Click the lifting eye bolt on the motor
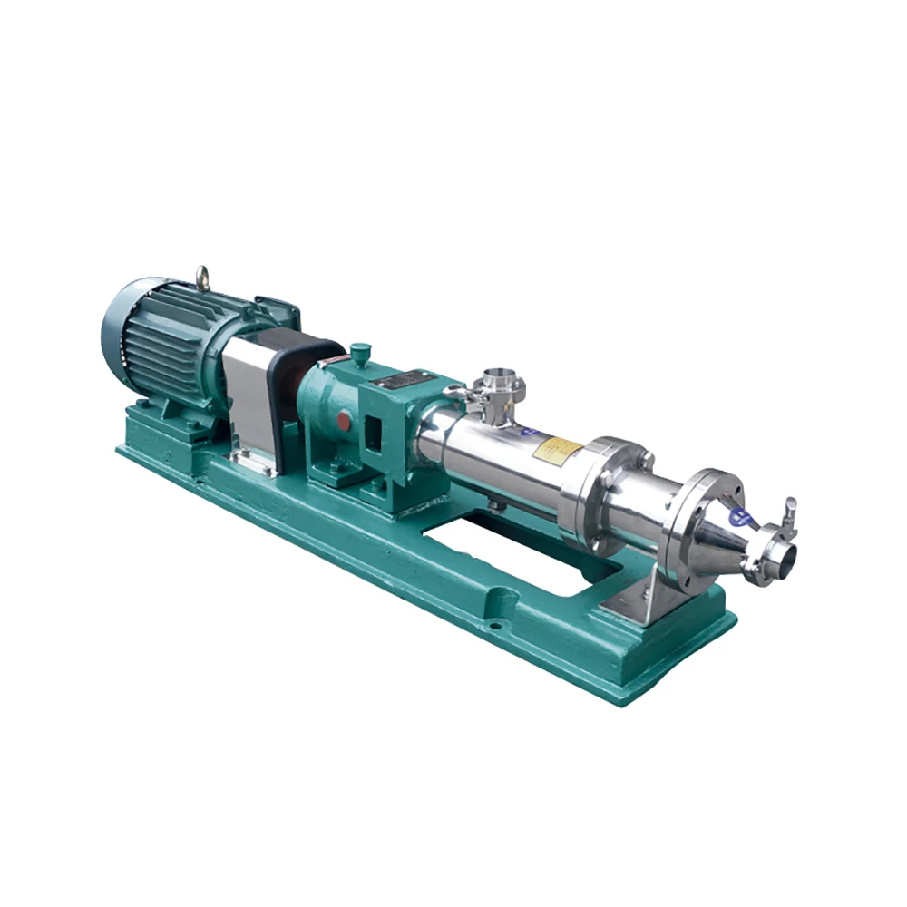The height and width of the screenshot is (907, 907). [x=202, y=278]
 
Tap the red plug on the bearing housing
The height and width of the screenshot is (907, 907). [x=344, y=421]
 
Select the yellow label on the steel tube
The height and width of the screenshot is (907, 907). [x=557, y=447]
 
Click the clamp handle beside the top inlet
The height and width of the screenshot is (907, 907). [x=459, y=392]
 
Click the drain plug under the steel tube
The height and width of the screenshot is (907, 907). [x=493, y=503]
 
